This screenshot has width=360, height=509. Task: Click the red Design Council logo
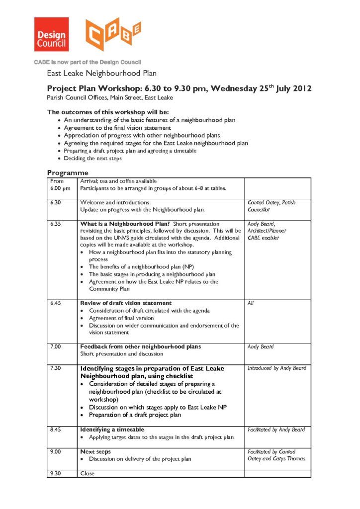pyautogui.click(x=51, y=34)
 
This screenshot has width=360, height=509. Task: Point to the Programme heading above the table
pyautogui.click(x=68, y=173)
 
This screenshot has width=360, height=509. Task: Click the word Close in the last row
pyautogui.click(x=87, y=474)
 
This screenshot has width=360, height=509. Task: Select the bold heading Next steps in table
pyautogui.click(x=95, y=452)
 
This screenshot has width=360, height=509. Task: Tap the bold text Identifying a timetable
pyautogui.click(x=112, y=429)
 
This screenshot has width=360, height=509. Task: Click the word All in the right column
pyautogui.click(x=251, y=303)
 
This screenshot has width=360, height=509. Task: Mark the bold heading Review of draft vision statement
pyautogui.click(x=126, y=303)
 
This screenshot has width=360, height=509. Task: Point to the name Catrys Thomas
pyautogui.click(x=288, y=459)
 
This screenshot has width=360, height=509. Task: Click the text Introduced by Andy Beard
pyautogui.click(x=277, y=368)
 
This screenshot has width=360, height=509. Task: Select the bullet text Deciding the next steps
pyautogui.click(x=93, y=159)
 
